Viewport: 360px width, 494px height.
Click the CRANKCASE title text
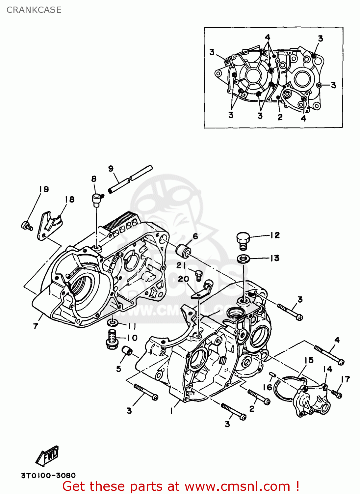point(34,10)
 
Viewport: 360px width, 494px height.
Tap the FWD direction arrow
point(48,456)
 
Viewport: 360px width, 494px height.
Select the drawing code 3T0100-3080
point(48,475)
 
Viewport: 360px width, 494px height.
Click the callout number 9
point(111,169)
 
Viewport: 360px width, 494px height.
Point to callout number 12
point(275,235)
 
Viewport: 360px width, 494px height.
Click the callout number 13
point(275,258)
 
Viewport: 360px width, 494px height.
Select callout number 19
point(44,189)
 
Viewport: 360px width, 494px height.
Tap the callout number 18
point(69,199)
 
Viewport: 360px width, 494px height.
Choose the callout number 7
point(36,326)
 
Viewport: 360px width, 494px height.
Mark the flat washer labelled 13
point(243,259)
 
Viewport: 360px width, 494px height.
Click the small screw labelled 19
point(26,226)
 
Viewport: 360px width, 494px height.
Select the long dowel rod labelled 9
point(131,179)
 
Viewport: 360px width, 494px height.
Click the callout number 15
point(309,360)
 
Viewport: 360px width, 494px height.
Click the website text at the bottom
point(181,486)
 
